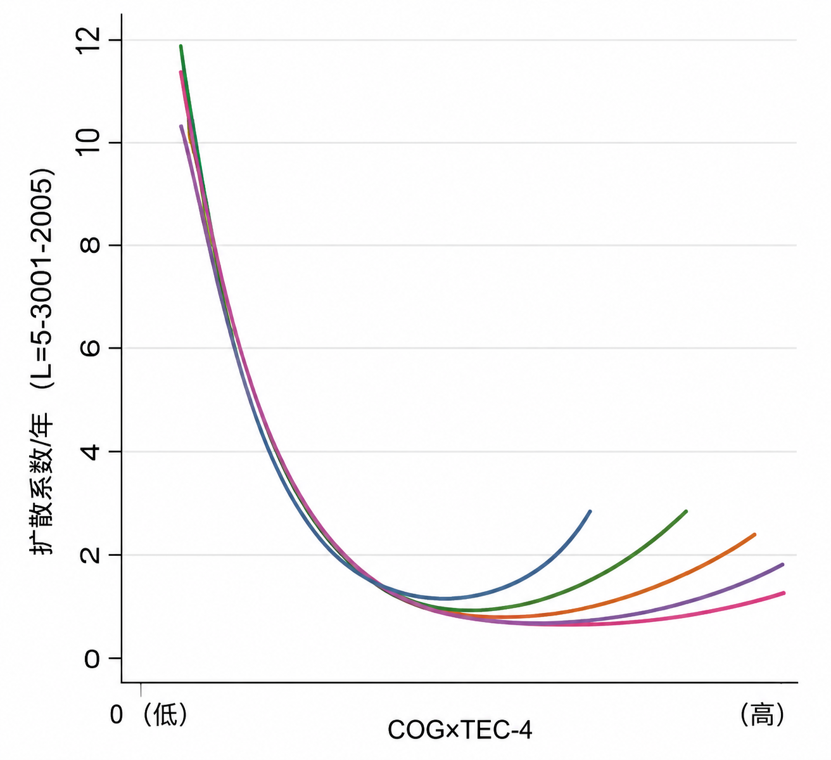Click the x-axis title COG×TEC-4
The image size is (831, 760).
tap(459, 730)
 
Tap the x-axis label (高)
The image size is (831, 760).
tap(762, 714)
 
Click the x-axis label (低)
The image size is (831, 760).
tap(165, 714)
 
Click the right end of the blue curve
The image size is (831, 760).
tap(590, 512)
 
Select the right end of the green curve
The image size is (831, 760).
tap(686, 512)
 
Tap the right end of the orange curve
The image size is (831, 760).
tap(755, 534)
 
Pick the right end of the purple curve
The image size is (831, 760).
tap(782, 564)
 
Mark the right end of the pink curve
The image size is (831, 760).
tap(783, 593)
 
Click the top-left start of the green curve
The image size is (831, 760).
tap(181, 46)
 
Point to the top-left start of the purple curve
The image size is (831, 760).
tap(181, 126)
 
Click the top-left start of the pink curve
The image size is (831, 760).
tap(181, 72)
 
